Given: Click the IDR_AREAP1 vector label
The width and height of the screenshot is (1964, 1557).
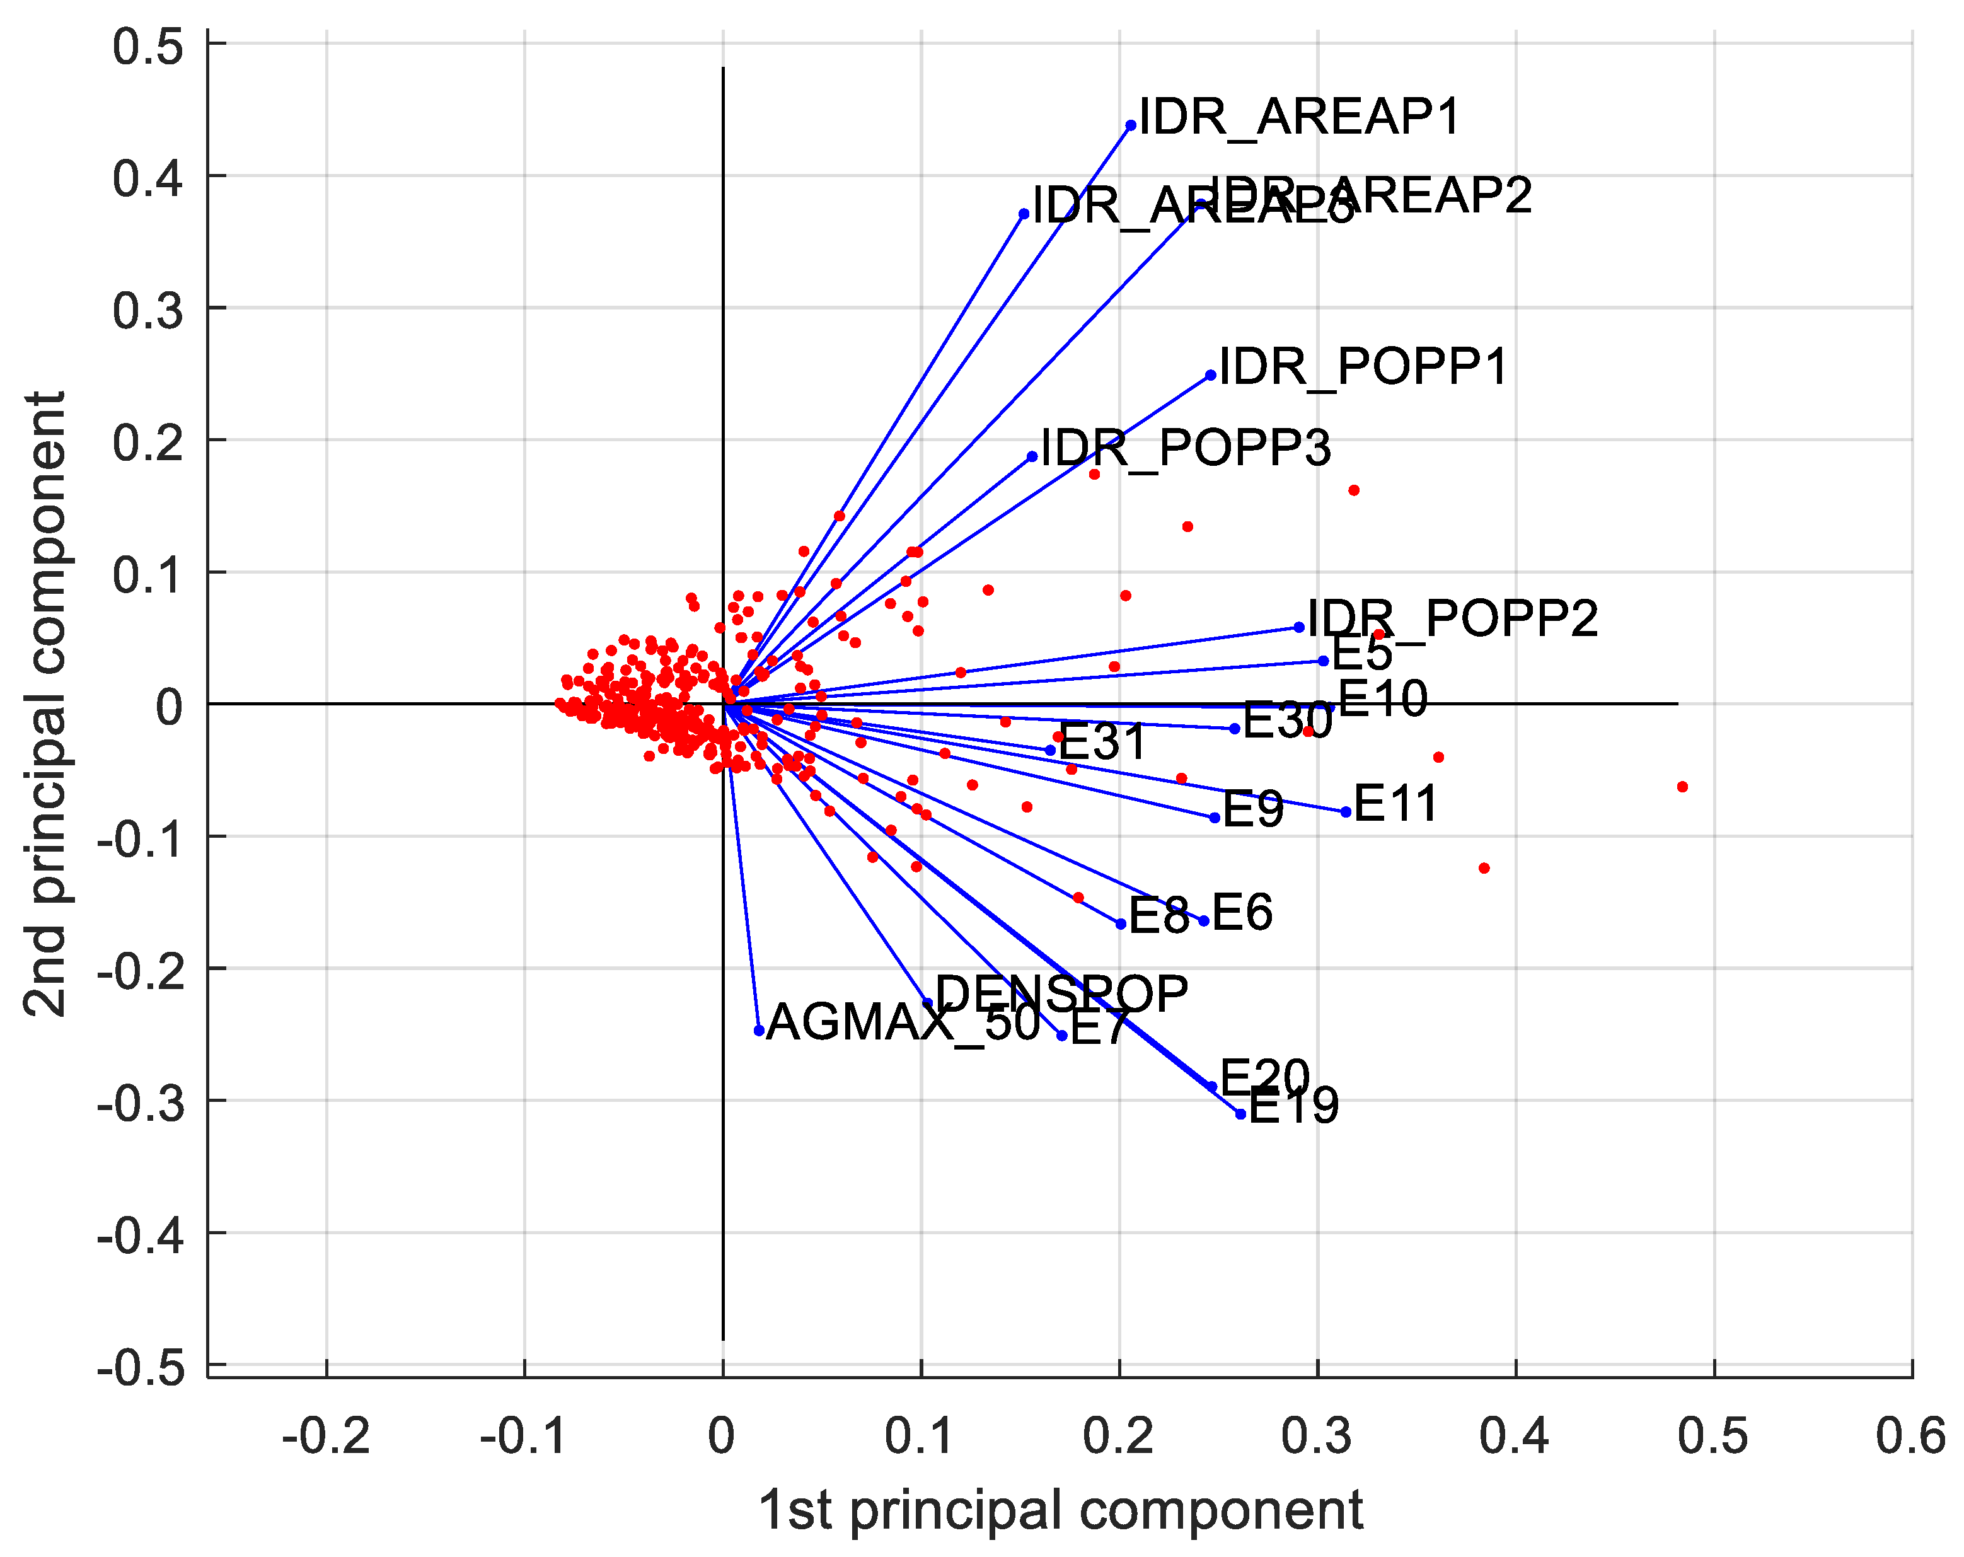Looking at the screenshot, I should click(x=1299, y=117).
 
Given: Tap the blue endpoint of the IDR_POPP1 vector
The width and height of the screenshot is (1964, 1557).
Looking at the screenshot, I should click(x=1211, y=375).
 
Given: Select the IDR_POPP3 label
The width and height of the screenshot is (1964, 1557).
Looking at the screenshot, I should click(x=1185, y=448).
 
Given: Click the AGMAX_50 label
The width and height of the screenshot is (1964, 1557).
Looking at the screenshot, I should click(x=903, y=1022).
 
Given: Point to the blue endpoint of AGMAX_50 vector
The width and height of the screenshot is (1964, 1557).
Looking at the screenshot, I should click(x=759, y=1031).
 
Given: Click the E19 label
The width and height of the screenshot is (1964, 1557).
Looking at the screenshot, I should click(x=1293, y=1107).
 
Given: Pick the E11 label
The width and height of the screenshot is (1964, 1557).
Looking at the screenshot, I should click(x=1395, y=804).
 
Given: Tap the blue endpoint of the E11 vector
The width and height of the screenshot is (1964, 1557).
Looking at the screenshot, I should click(x=1346, y=812).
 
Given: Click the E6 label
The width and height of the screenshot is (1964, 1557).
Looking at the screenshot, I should click(x=1242, y=913).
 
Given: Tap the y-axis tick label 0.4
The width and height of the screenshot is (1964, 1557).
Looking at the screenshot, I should click(x=147, y=178).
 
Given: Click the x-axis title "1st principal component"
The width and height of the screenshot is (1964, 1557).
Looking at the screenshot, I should click(x=1060, y=1510).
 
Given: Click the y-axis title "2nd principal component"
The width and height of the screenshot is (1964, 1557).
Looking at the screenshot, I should click(x=45, y=704).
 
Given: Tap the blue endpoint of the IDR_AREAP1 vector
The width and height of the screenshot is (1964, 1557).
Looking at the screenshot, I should click(x=1131, y=125).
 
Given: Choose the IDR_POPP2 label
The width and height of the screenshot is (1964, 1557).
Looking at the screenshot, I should click(x=1452, y=620).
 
